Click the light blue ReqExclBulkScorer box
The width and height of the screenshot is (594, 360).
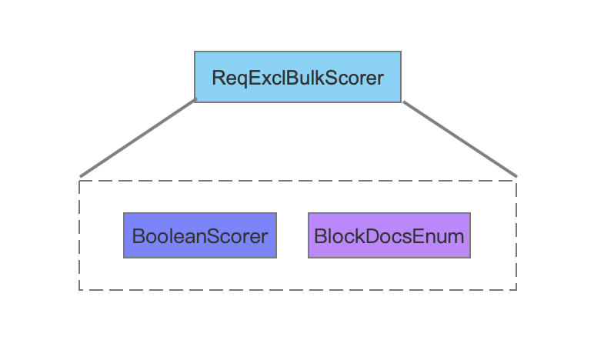pos(297,77)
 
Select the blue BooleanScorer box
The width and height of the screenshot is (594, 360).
pos(200,235)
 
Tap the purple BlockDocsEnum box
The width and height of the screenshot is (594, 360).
pos(389,235)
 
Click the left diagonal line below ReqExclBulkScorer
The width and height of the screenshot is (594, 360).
pos(138,138)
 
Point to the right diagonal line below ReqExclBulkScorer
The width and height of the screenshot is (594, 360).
pos(460,138)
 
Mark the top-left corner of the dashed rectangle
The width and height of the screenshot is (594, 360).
pos(79,181)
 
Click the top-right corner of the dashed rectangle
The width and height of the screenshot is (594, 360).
pos(516,181)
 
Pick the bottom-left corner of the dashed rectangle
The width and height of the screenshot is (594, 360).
pos(79,290)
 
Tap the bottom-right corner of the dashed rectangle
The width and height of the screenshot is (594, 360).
pos(516,290)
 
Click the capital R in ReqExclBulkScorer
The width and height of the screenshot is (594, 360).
pos(219,78)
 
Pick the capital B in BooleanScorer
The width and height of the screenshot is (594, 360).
pos(138,236)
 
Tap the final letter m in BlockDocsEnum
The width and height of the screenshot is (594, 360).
pos(456,238)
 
